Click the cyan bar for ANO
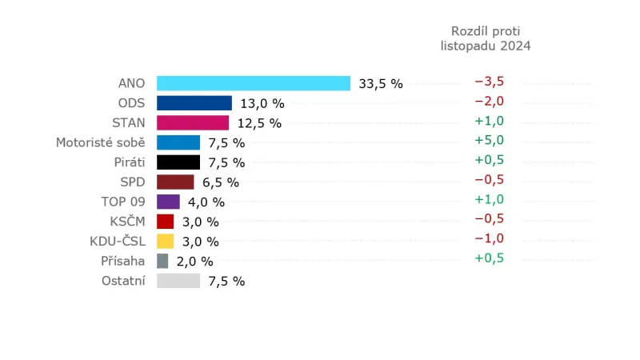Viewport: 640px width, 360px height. pyautogui.click(x=254, y=83)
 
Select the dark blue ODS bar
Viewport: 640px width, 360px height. pyautogui.click(x=194, y=103)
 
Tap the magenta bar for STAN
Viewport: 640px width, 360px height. pyautogui.click(x=193, y=122)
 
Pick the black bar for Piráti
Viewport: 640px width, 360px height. pyautogui.click(x=178, y=162)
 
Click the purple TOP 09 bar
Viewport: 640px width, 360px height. pyautogui.click(x=168, y=202)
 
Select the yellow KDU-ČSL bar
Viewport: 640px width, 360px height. pyautogui.click(x=166, y=241)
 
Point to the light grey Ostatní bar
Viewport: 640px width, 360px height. pyautogui.click(x=178, y=281)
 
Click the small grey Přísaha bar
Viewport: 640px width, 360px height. pyautogui.click(x=162, y=261)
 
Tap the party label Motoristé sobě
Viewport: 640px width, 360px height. pyautogui.click(x=100, y=142)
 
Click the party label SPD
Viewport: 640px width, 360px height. pyautogui.click(x=132, y=182)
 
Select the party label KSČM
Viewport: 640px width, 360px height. pyautogui.click(x=128, y=221)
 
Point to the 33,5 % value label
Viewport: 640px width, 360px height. pyautogui.click(x=381, y=84)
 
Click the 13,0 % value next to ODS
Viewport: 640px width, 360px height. pyautogui.click(x=262, y=103)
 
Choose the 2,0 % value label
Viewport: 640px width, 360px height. pyautogui.click(x=195, y=262)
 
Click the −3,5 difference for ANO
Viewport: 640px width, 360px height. pyautogui.click(x=489, y=82)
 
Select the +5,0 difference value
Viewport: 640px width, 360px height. pyautogui.click(x=489, y=141)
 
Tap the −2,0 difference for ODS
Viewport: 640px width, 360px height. pyautogui.click(x=489, y=102)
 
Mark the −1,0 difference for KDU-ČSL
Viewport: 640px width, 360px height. pyautogui.click(x=489, y=239)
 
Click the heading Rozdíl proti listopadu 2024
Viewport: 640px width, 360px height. pyautogui.click(x=486, y=38)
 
